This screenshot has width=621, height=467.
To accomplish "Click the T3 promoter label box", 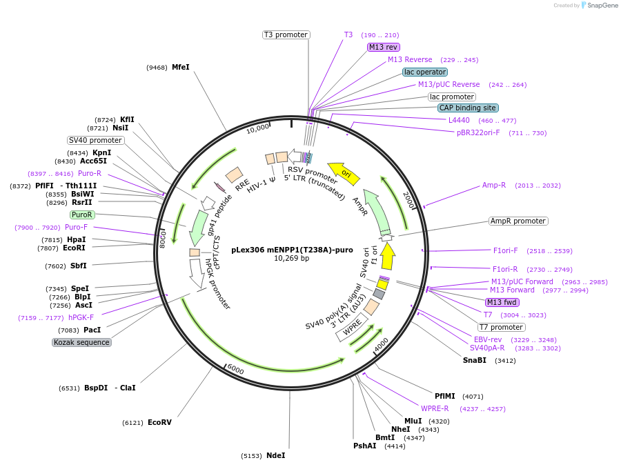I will (286, 34).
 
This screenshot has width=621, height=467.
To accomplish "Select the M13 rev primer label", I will (384, 47).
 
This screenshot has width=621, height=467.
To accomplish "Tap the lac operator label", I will (425, 72).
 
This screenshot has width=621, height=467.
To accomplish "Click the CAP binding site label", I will (467, 108).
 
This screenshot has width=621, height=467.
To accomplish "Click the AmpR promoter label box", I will (517, 221).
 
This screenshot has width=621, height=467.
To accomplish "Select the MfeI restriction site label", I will (180, 67).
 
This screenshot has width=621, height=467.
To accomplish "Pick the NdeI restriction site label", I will (275, 455).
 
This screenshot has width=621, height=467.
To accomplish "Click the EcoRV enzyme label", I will (159, 422).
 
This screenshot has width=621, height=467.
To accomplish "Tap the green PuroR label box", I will (81, 215).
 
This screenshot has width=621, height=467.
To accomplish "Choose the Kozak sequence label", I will (81, 342).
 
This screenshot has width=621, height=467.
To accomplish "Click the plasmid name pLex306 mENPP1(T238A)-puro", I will (292, 249).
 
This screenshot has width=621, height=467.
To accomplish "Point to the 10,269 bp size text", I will (292, 259).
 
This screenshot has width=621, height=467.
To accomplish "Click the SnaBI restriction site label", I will (475, 360).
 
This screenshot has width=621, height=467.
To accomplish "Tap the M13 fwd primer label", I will (502, 302).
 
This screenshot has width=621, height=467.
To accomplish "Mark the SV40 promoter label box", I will (95, 140).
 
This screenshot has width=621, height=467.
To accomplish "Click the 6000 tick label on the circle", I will (235, 370).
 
